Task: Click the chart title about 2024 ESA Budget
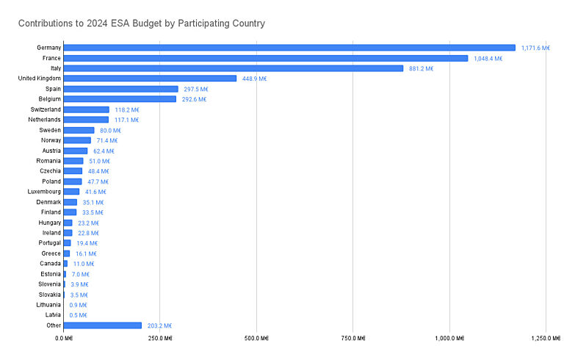(x=142, y=24)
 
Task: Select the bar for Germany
(x=289, y=48)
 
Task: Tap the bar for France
(x=266, y=58)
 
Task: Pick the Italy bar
(x=234, y=68)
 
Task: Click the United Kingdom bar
(x=150, y=79)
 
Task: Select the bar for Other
(x=103, y=325)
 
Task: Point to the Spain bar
(x=121, y=89)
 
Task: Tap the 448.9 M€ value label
(x=252, y=79)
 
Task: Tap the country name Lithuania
(x=46, y=305)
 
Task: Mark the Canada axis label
(x=50, y=264)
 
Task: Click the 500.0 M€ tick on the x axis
(x=256, y=339)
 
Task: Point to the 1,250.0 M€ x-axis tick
(x=544, y=339)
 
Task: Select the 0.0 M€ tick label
(x=63, y=339)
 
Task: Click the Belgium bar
(x=120, y=99)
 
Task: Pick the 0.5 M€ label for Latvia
(x=78, y=315)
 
